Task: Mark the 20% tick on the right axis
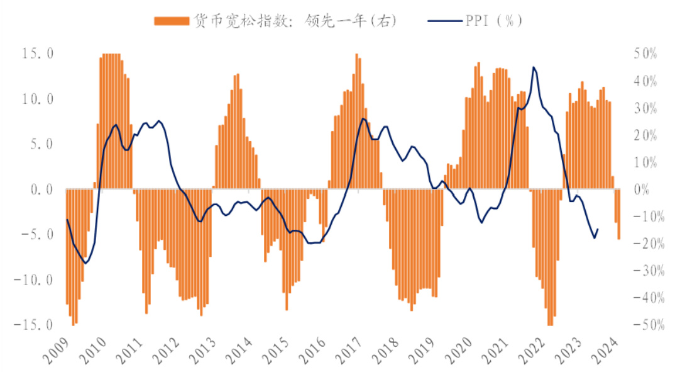pos(644,135)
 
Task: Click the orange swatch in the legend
pos(172,21)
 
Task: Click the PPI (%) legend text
pos(494,21)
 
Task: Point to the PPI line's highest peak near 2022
pos(534,67)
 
